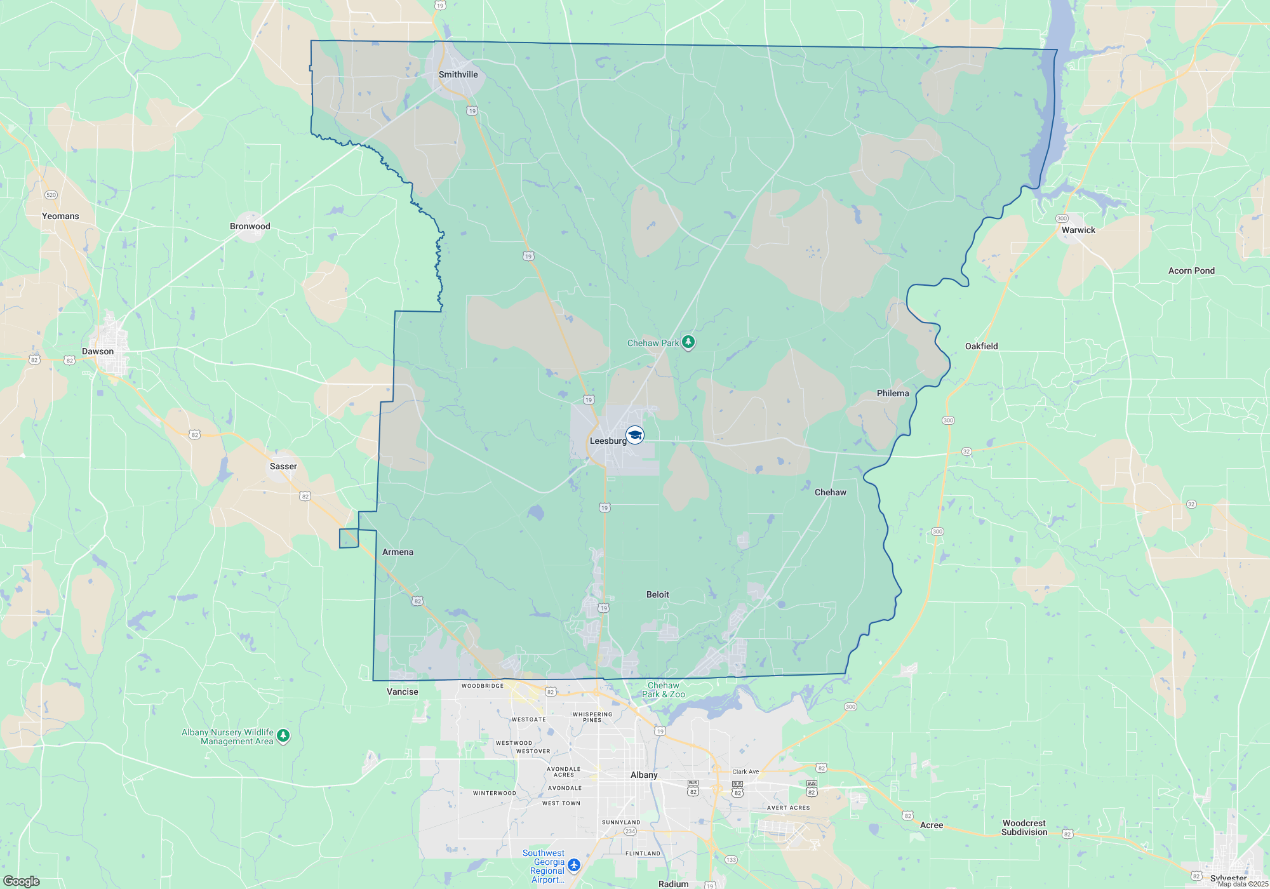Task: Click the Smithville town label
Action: (x=458, y=74)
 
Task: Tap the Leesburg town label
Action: (x=608, y=441)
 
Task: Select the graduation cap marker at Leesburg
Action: (x=635, y=435)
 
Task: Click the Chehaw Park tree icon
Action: (x=688, y=342)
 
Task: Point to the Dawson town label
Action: (x=98, y=351)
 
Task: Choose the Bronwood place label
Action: (x=250, y=226)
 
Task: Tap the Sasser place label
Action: (x=283, y=466)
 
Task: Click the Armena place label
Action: (x=398, y=552)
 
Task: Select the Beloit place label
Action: (x=658, y=594)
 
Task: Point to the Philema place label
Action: (x=893, y=393)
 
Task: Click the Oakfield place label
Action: (x=981, y=346)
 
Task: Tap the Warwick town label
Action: (x=1078, y=230)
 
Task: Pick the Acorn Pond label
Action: (x=1191, y=271)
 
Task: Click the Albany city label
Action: (x=644, y=775)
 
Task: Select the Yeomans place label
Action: (x=60, y=216)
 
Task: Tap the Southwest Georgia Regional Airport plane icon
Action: (x=574, y=865)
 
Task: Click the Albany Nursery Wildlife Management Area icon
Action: (x=283, y=736)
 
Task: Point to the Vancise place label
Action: (x=403, y=692)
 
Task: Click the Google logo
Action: (x=22, y=881)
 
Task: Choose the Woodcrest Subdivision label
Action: (x=1024, y=827)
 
